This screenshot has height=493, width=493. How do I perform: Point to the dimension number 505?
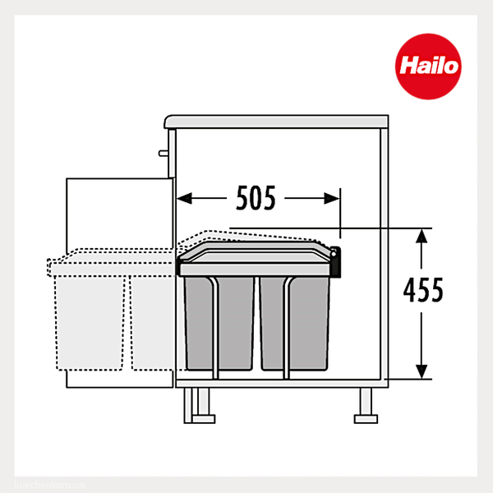tap(256, 198)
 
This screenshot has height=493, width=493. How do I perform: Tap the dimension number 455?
tap(423, 290)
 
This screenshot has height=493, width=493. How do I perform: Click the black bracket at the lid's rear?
tap(337, 260)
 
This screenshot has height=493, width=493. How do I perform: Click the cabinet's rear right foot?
tap(362, 404)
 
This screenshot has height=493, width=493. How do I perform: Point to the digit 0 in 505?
tap(256, 198)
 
